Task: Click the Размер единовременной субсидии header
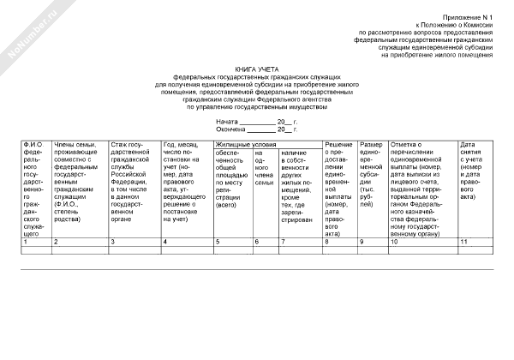pyautogui.click(x=373, y=166)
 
